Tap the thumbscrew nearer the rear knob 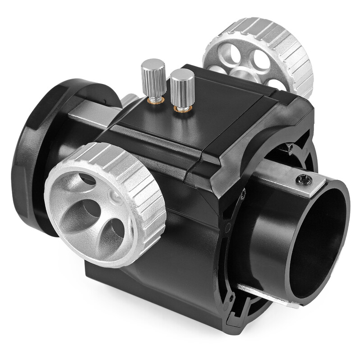pyautogui.click(x=182, y=88)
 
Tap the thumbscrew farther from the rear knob pyautogui.click(x=153, y=77)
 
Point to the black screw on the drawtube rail pyautogui.click(x=304, y=180)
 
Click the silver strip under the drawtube pyautogui.click(x=266, y=296)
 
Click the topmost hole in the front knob pyautogui.click(x=86, y=178)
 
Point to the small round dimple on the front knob pyautogui.click(x=116, y=196)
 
